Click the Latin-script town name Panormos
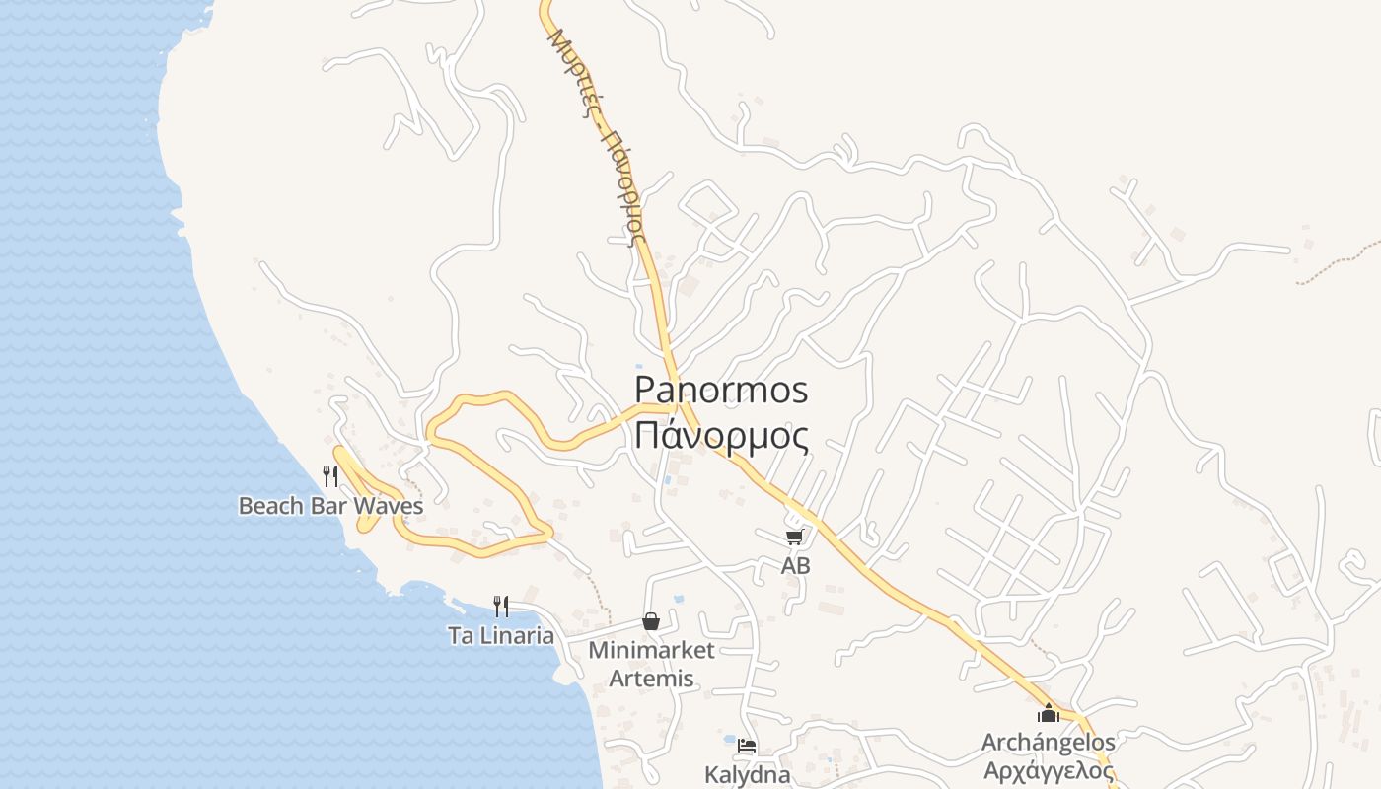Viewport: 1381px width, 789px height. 721,390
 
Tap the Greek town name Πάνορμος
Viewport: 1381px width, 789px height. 721,435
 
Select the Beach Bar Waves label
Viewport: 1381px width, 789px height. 330,506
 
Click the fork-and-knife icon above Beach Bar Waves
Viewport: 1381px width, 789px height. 330,476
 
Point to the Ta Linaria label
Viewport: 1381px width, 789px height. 501,635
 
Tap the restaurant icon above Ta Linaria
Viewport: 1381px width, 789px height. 501,606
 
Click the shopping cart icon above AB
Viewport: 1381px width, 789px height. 795,537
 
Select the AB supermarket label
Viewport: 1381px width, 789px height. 795,566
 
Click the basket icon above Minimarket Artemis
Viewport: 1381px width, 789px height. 651,621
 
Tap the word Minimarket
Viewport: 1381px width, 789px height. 651,651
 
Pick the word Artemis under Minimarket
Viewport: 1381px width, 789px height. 651,679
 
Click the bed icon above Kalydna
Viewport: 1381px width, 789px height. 747,746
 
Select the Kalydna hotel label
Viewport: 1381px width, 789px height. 747,774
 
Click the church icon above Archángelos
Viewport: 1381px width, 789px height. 1048,713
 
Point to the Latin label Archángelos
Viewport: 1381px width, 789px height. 1048,742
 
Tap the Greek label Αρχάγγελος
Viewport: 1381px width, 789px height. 1048,769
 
